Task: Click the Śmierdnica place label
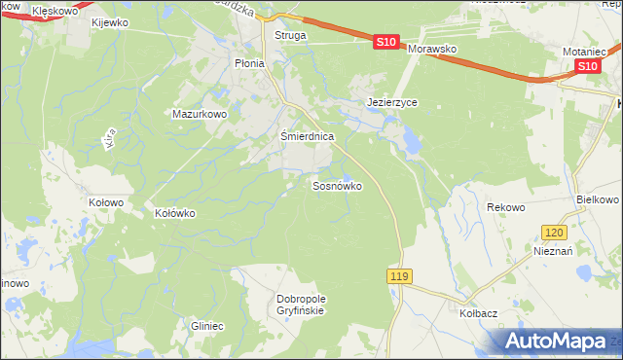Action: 308,137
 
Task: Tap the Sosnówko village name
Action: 338,185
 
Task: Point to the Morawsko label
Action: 432,48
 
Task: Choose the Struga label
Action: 290,35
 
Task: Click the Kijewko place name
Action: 109,21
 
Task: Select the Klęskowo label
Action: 55,10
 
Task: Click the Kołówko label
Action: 175,212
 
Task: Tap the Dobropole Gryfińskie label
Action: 300,304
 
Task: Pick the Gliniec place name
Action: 208,327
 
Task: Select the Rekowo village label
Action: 506,207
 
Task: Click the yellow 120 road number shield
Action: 555,233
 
